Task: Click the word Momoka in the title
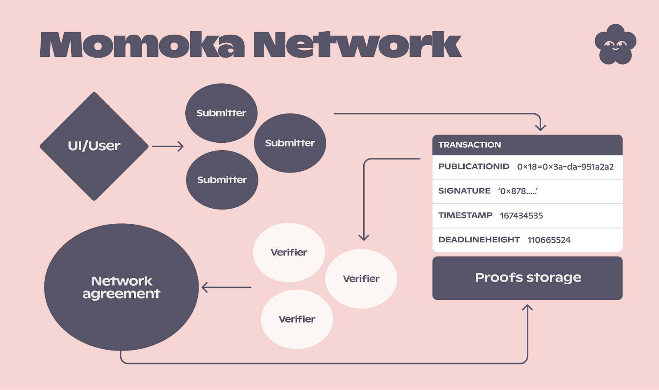pos(142,45)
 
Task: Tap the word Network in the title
pos(357,45)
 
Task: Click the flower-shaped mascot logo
pos(615,44)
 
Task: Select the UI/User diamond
pos(94,146)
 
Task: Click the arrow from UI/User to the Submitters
pos(168,146)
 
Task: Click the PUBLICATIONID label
pos(474,167)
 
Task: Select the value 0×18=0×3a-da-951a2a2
pos(565,167)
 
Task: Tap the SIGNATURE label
pos(464,191)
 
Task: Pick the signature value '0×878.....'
pos(518,191)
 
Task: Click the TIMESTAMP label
pos(465,215)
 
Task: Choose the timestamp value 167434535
pos(521,216)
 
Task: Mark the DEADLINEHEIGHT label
pos(479,239)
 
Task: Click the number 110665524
pos(549,240)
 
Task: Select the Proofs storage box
pos(527,278)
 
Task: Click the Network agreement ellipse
pos(121,287)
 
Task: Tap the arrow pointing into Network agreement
pos(226,287)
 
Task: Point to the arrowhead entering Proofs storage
pos(527,308)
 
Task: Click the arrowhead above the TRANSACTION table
pos(540,127)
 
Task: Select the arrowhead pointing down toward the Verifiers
pos(364,237)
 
